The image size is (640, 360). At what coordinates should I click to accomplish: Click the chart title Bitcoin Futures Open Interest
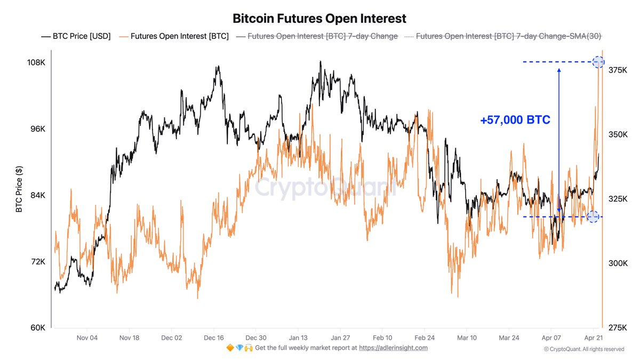coord(319,18)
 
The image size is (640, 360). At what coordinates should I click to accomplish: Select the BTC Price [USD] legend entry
coord(76,36)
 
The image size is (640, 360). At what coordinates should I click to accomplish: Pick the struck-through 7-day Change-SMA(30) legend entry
coord(502,36)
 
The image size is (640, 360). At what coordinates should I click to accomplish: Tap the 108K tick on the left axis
coord(36,62)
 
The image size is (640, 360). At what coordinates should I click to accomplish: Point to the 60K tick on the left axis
coord(37,327)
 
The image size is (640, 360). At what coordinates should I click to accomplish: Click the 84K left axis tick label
coord(37,195)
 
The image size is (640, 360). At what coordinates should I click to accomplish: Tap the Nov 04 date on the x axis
coord(87,338)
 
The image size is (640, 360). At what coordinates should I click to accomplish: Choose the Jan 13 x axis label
coord(298,338)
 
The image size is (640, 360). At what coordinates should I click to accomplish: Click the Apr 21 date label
coord(593,338)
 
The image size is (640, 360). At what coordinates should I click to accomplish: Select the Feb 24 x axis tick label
coord(425,338)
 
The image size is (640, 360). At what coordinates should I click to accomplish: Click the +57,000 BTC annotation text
coord(515,121)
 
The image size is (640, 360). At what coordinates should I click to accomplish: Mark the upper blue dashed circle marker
coord(598,62)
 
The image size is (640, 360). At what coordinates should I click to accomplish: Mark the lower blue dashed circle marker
coord(593,217)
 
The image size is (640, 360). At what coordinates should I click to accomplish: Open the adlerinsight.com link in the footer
coord(393,348)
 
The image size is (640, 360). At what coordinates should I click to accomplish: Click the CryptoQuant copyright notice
coord(583,349)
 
